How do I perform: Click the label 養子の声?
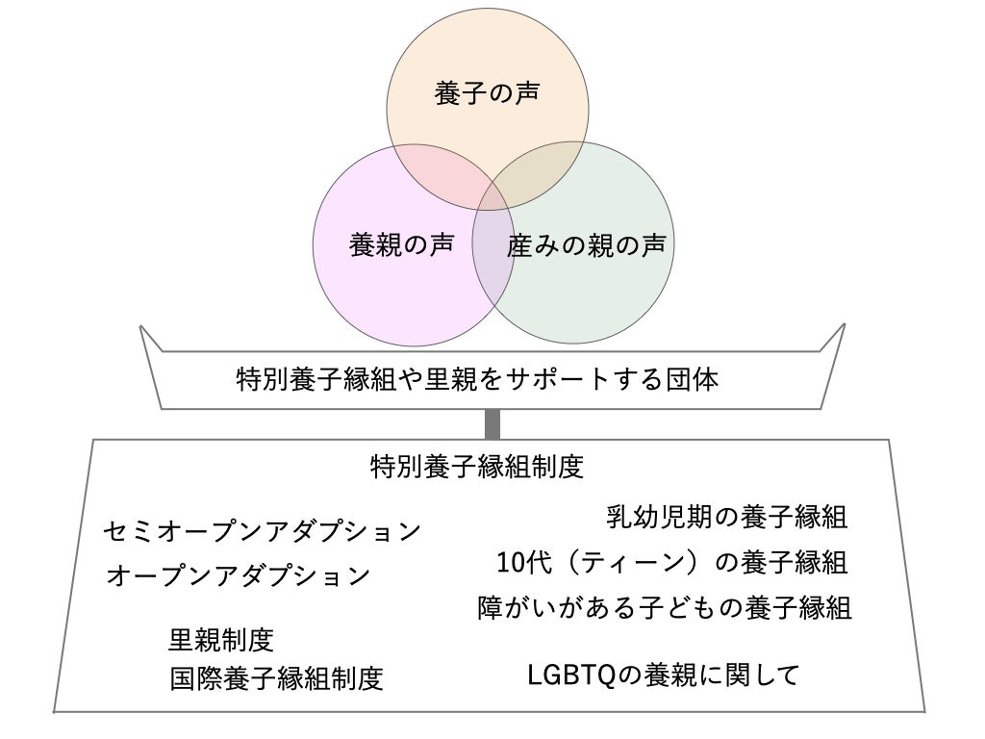[x=487, y=94]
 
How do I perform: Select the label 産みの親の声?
[x=585, y=246]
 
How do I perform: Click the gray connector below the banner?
[x=492, y=423]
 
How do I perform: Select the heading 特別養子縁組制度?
[x=477, y=467]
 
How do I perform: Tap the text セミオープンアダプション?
[x=263, y=530]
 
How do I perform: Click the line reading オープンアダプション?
[x=238, y=575]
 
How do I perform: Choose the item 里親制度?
[x=222, y=638]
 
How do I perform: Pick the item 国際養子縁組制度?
[x=277, y=678]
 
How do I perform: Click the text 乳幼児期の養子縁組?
[x=727, y=518]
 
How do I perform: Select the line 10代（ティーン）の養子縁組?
[x=671, y=562]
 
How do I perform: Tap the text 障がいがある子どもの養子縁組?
[x=665, y=608]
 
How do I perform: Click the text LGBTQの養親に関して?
[x=664, y=675]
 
